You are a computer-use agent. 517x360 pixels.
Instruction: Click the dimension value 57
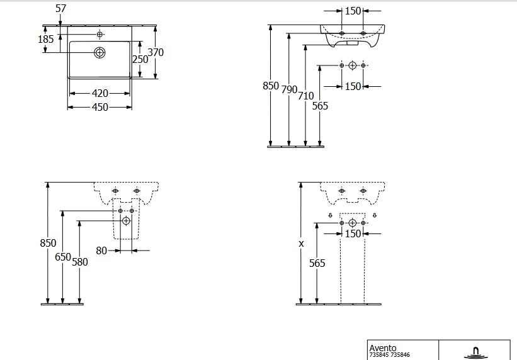click(61, 8)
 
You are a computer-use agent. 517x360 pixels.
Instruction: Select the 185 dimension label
click(46, 39)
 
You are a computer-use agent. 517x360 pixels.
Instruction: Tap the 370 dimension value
click(156, 52)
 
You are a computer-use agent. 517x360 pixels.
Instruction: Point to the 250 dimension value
click(140, 59)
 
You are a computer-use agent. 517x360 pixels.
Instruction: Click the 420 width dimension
click(100, 93)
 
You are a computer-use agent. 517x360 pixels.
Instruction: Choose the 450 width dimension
click(100, 107)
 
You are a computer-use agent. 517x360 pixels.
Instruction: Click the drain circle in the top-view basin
click(99, 52)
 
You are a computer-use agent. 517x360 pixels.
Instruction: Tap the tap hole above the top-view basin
click(99, 33)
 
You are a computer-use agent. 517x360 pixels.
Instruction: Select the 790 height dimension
click(289, 89)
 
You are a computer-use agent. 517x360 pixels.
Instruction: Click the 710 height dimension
click(305, 96)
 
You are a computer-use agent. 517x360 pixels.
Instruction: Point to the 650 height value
click(63, 257)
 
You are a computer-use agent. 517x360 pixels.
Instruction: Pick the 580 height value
click(79, 262)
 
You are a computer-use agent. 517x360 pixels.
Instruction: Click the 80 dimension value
click(101, 250)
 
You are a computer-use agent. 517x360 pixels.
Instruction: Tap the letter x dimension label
click(301, 243)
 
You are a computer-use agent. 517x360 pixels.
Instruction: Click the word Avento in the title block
click(382, 347)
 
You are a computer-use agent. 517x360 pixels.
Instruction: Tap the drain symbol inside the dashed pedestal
click(126, 221)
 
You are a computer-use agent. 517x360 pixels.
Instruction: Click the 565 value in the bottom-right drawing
click(317, 263)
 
